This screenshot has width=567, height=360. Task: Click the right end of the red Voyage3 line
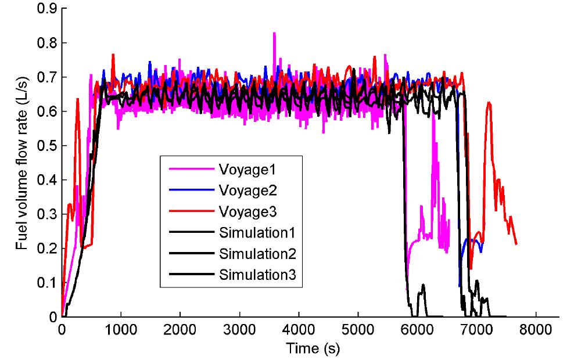click(516, 244)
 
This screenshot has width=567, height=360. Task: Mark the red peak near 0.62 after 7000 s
click(489, 103)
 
